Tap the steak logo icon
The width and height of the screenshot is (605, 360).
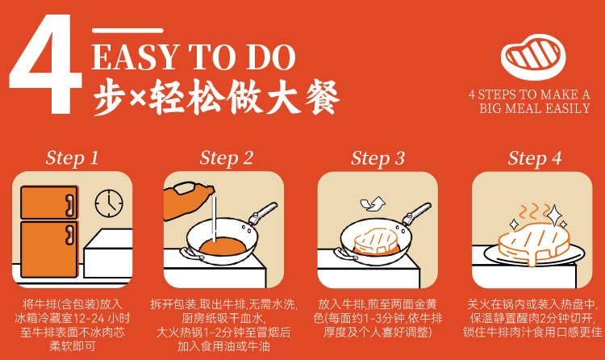pyautogui.click(x=533, y=57)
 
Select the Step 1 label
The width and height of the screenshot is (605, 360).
pyautogui.click(x=72, y=158)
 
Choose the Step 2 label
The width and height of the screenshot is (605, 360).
pyautogui.click(x=227, y=158)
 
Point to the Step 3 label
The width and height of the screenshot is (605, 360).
pyautogui.click(x=378, y=158)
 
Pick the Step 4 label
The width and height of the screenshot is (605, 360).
pyautogui.click(x=534, y=158)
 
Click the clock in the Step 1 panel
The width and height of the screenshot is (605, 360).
pyautogui.click(x=109, y=203)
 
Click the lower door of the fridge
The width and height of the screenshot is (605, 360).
pyautogui.click(x=49, y=249)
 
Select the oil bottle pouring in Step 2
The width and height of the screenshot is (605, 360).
pyautogui.click(x=187, y=200)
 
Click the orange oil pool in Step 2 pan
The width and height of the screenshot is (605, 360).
pyautogui.click(x=223, y=246)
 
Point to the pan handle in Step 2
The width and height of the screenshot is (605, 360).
pyautogui.click(x=263, y=213)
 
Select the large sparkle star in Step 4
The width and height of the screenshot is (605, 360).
pyautogui.click(x=554, y=216)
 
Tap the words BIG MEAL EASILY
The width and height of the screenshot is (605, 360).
pyautogui.click(x=535, y=108)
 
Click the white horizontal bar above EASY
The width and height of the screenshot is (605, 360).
pyautogui.click(x=127, y=31)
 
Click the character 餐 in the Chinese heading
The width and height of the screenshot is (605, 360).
pyautogui.click(x=322, y=98)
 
